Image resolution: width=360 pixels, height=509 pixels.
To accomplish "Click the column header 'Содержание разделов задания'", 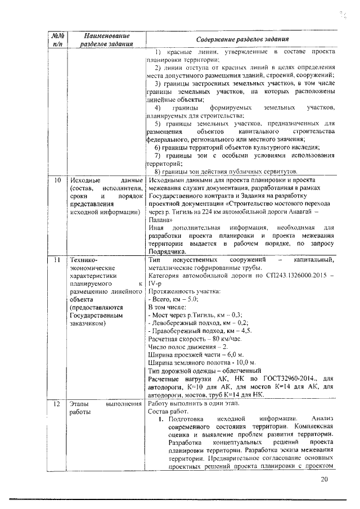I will [x=242, y=39].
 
